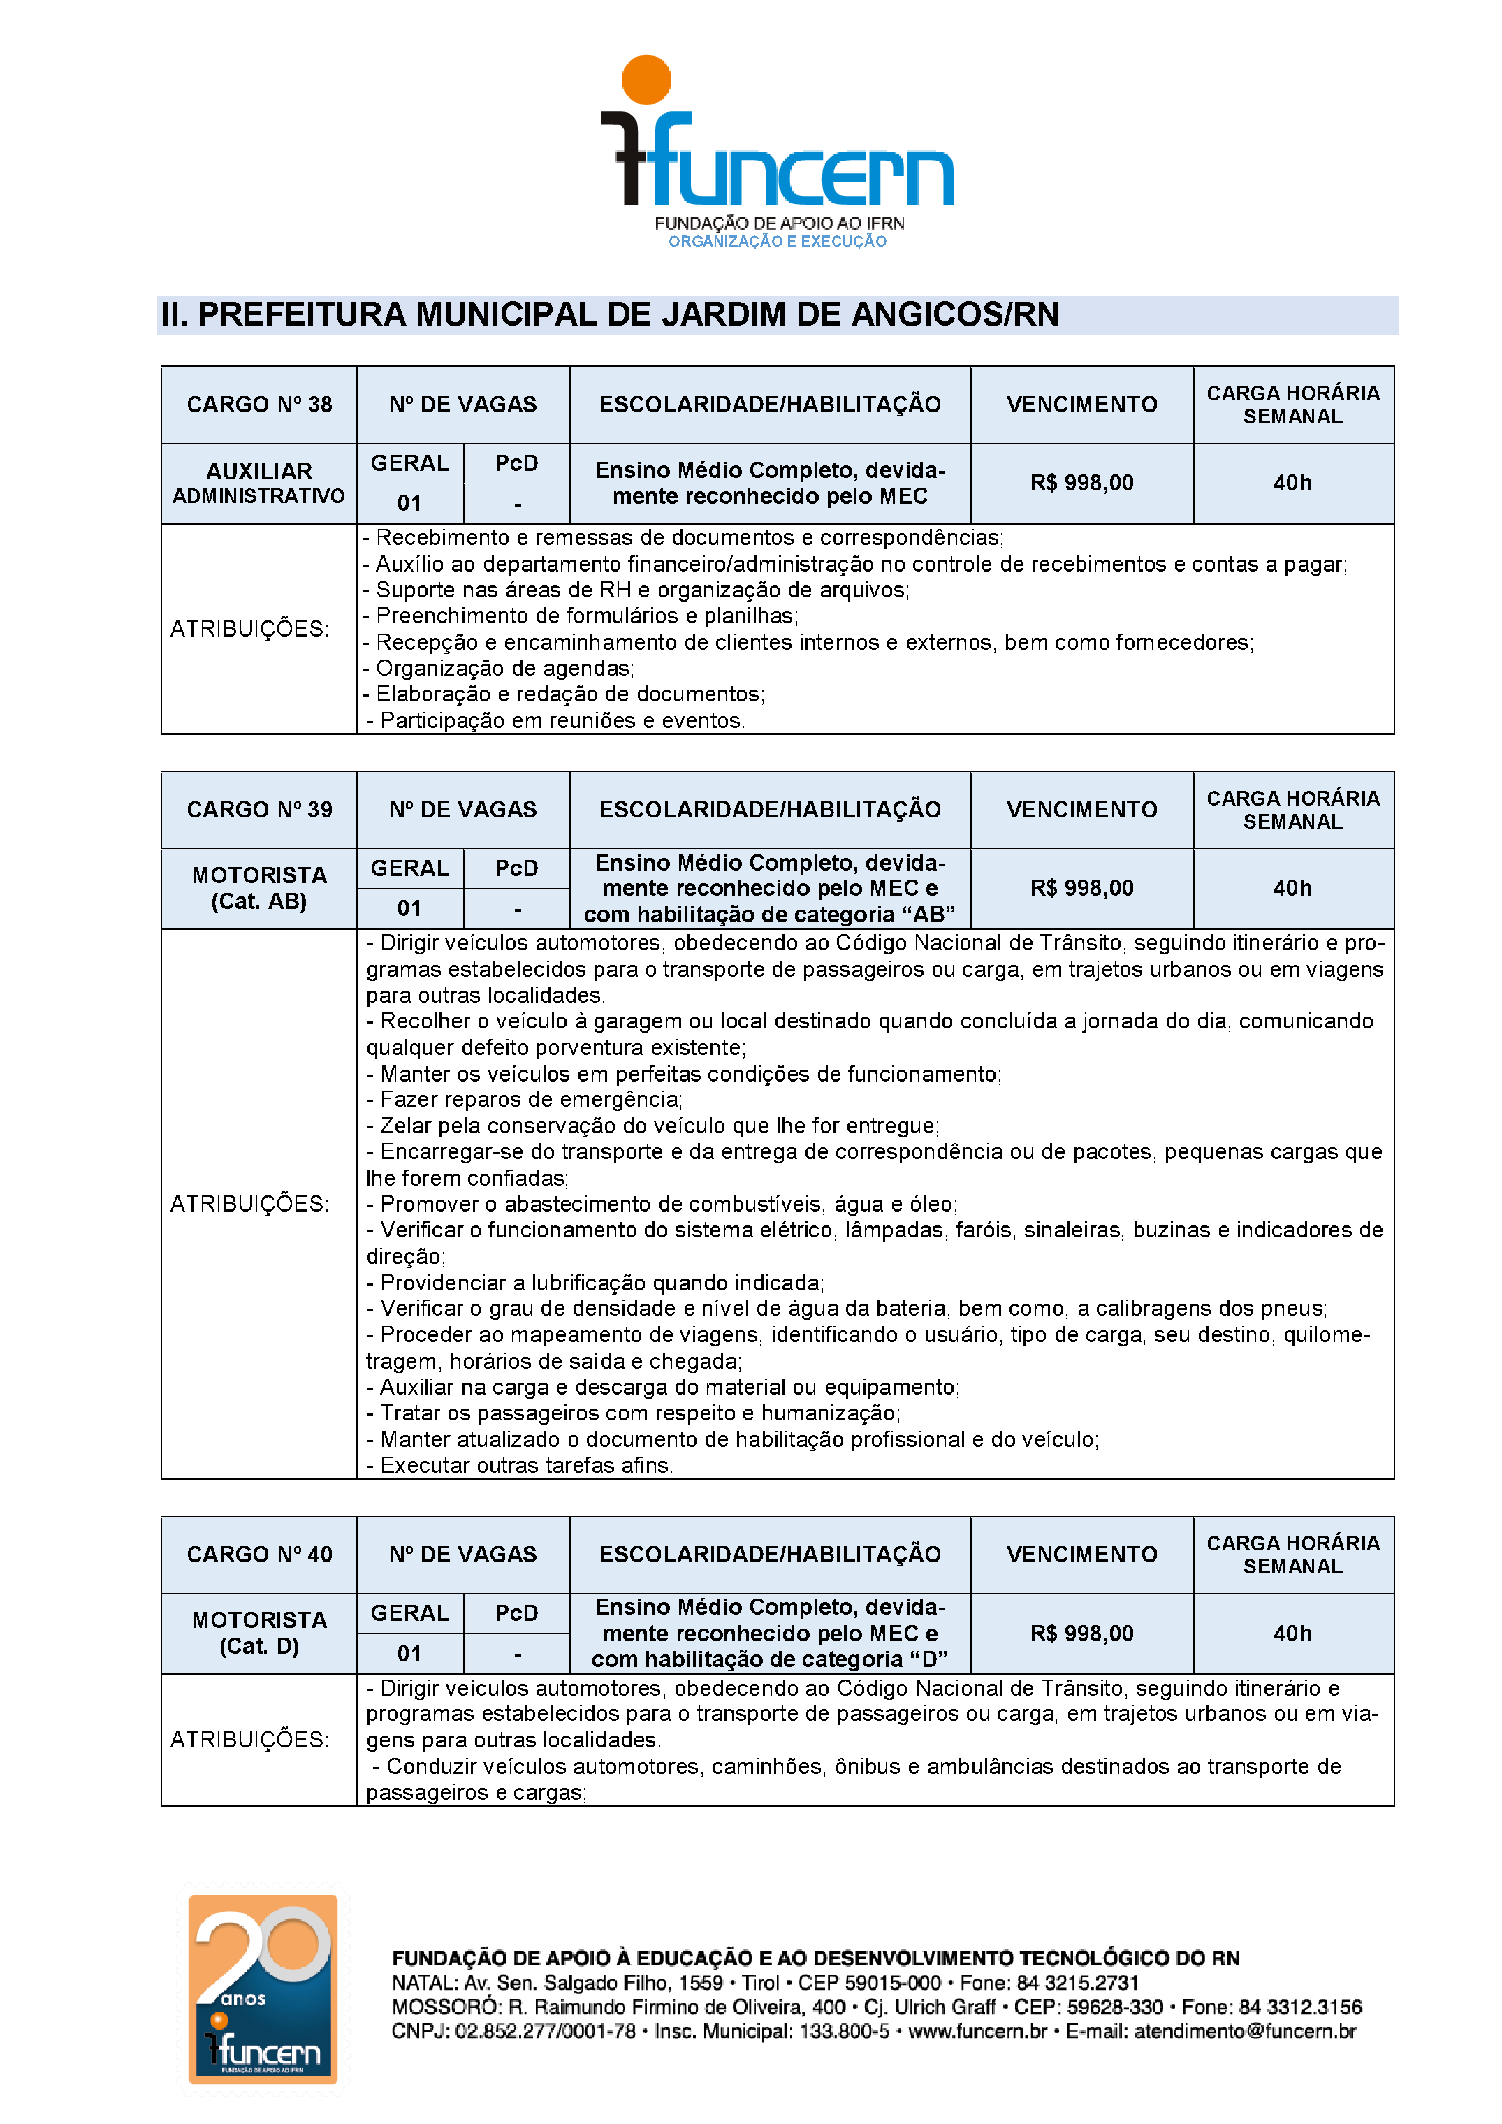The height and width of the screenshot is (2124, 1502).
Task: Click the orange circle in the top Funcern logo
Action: [x=646, y=80]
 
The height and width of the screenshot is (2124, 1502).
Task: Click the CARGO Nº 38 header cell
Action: [x=259, y=405]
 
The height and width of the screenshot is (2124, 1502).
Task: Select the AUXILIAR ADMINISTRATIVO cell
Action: [x=259, y=483]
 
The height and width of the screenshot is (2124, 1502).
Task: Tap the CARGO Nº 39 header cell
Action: [x=259, y=810]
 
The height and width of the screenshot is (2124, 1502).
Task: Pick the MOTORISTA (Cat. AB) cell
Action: [x=259, y=888]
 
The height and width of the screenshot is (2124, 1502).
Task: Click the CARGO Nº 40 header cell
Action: [x=259, y=1554]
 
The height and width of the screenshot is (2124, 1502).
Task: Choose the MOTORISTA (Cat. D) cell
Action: [x=259, y=1633]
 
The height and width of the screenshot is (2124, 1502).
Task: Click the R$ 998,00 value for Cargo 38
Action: [x=1081, y=483]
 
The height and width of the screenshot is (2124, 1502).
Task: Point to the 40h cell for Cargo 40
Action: [x=1292, y=1634]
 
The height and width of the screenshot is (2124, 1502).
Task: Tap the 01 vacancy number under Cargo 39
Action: [x=409, y=908]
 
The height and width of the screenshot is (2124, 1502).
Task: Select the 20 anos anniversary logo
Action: [x=263, y=1989]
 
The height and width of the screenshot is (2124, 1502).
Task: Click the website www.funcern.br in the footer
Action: [x=977, y=2032]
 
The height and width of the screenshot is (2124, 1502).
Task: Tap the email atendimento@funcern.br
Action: [x=1245, y=2032]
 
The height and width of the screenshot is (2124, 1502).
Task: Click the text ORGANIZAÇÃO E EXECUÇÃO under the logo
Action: [x=777, y=242]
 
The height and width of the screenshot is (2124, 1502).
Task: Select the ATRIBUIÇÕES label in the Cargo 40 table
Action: [x=249, y=1739]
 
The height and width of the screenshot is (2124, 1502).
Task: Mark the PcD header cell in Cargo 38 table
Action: [x=516, y=463]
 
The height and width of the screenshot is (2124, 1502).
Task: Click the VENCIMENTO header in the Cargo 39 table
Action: [x=1081, y=810]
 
